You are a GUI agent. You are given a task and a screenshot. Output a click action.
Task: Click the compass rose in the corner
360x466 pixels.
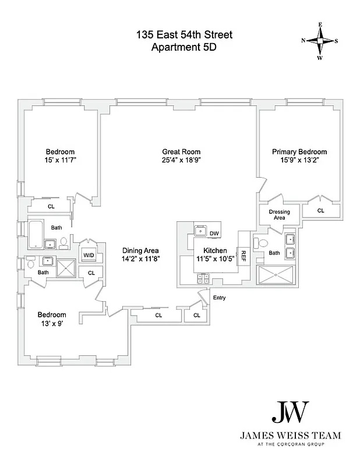point(320,41)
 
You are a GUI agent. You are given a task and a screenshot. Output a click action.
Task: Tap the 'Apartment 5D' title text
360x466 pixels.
point(183,48)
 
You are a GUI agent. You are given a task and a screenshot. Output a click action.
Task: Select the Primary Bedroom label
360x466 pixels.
point(299,151)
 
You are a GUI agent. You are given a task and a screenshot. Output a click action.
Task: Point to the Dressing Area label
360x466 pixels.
point(279,214)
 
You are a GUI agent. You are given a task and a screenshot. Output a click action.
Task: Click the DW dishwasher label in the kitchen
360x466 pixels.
point(214,234)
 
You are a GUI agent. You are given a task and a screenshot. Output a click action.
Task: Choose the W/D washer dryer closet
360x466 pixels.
point(89,255)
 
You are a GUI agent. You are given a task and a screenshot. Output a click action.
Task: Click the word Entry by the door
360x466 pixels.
point(219,298)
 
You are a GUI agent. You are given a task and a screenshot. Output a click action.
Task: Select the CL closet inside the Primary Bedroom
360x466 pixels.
point(321,210)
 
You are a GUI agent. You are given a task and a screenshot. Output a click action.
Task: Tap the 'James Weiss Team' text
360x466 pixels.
point(291,435)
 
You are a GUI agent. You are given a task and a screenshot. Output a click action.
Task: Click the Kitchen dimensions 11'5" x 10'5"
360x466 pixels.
point(214,259)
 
